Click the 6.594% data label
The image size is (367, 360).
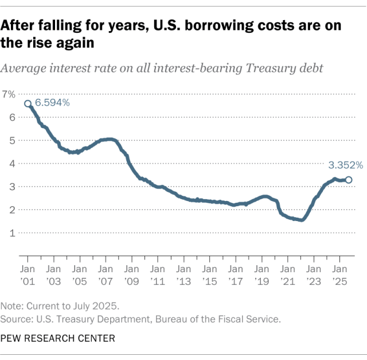click(52, 103)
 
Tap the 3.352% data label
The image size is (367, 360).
click(345, 165)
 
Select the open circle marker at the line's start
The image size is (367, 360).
click(28, 104)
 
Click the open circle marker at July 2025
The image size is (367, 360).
click(348, 180)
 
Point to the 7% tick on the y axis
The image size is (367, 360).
click(9, 94)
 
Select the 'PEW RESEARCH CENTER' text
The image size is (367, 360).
click(57, 338)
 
